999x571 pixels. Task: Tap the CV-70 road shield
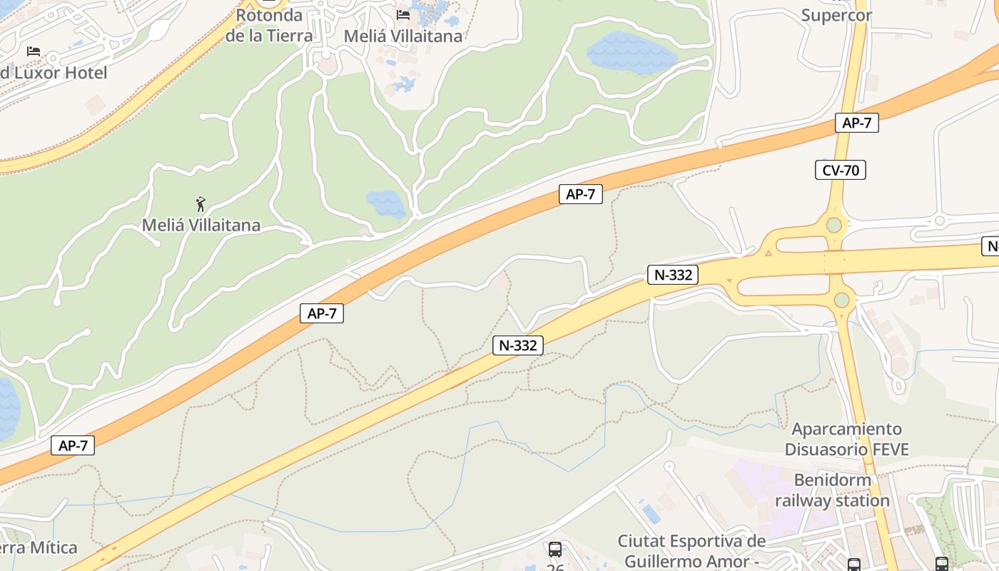click(x=840, y=170)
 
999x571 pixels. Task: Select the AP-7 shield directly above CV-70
click(x=856, y=123)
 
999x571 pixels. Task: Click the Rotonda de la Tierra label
click(x=269, y=25)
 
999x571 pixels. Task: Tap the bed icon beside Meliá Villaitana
click(x=403, y=15)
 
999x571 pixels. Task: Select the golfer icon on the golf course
click(x=201, y=205)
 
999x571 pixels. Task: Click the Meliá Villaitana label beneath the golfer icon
click(x=201, y=226)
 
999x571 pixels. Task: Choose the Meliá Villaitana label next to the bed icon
click(x=403, y=36)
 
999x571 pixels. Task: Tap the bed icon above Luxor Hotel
click(x=33, y=51)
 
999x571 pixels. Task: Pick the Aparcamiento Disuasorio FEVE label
click(x=847, y=439)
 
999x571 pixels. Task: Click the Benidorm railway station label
click(x=833, y=490)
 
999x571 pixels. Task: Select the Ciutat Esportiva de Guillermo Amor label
click(x=691, y=551)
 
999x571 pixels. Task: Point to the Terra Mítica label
click(x=39, y=548)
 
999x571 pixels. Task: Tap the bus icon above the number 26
click(x=554, y=549)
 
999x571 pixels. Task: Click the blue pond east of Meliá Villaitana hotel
click(x=631, y=52)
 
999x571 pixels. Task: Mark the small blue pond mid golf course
click(x=386, y=203)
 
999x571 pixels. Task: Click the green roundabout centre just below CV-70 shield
click(x=834, y=226)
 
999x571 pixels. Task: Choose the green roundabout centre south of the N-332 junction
click(x=842, y=300)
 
